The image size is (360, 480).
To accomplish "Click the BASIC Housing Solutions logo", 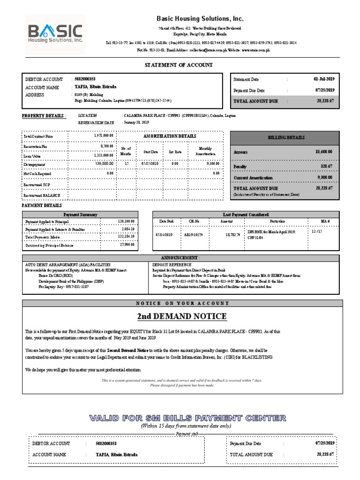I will pyautogui.click(x=55, y=34).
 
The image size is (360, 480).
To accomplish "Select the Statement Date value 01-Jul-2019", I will pyautogui.click(x=324, y=79).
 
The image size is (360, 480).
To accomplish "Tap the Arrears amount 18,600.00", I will pyautogui.click(x=324, y=152).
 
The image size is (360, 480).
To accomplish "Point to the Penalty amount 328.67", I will pyautogui.click(x=326, y=166).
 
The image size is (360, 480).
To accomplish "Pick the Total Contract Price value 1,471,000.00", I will pyautogui.click(x=104, y=136).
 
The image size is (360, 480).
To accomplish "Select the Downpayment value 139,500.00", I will pyautogui.click(x=104, y=164).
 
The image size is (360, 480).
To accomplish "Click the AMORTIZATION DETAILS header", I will pyautogui.click(x=169, y=135).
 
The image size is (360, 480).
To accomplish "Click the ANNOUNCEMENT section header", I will pyautogui.click(x=180, y=258).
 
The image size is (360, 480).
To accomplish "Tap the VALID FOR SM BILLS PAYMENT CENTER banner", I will pyautogui.click(x=187, y=418).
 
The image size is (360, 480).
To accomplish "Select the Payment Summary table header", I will pyautogui.click(x=80, y=214).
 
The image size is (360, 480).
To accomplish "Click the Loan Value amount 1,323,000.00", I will pyautogui.click(x=104, y=155).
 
